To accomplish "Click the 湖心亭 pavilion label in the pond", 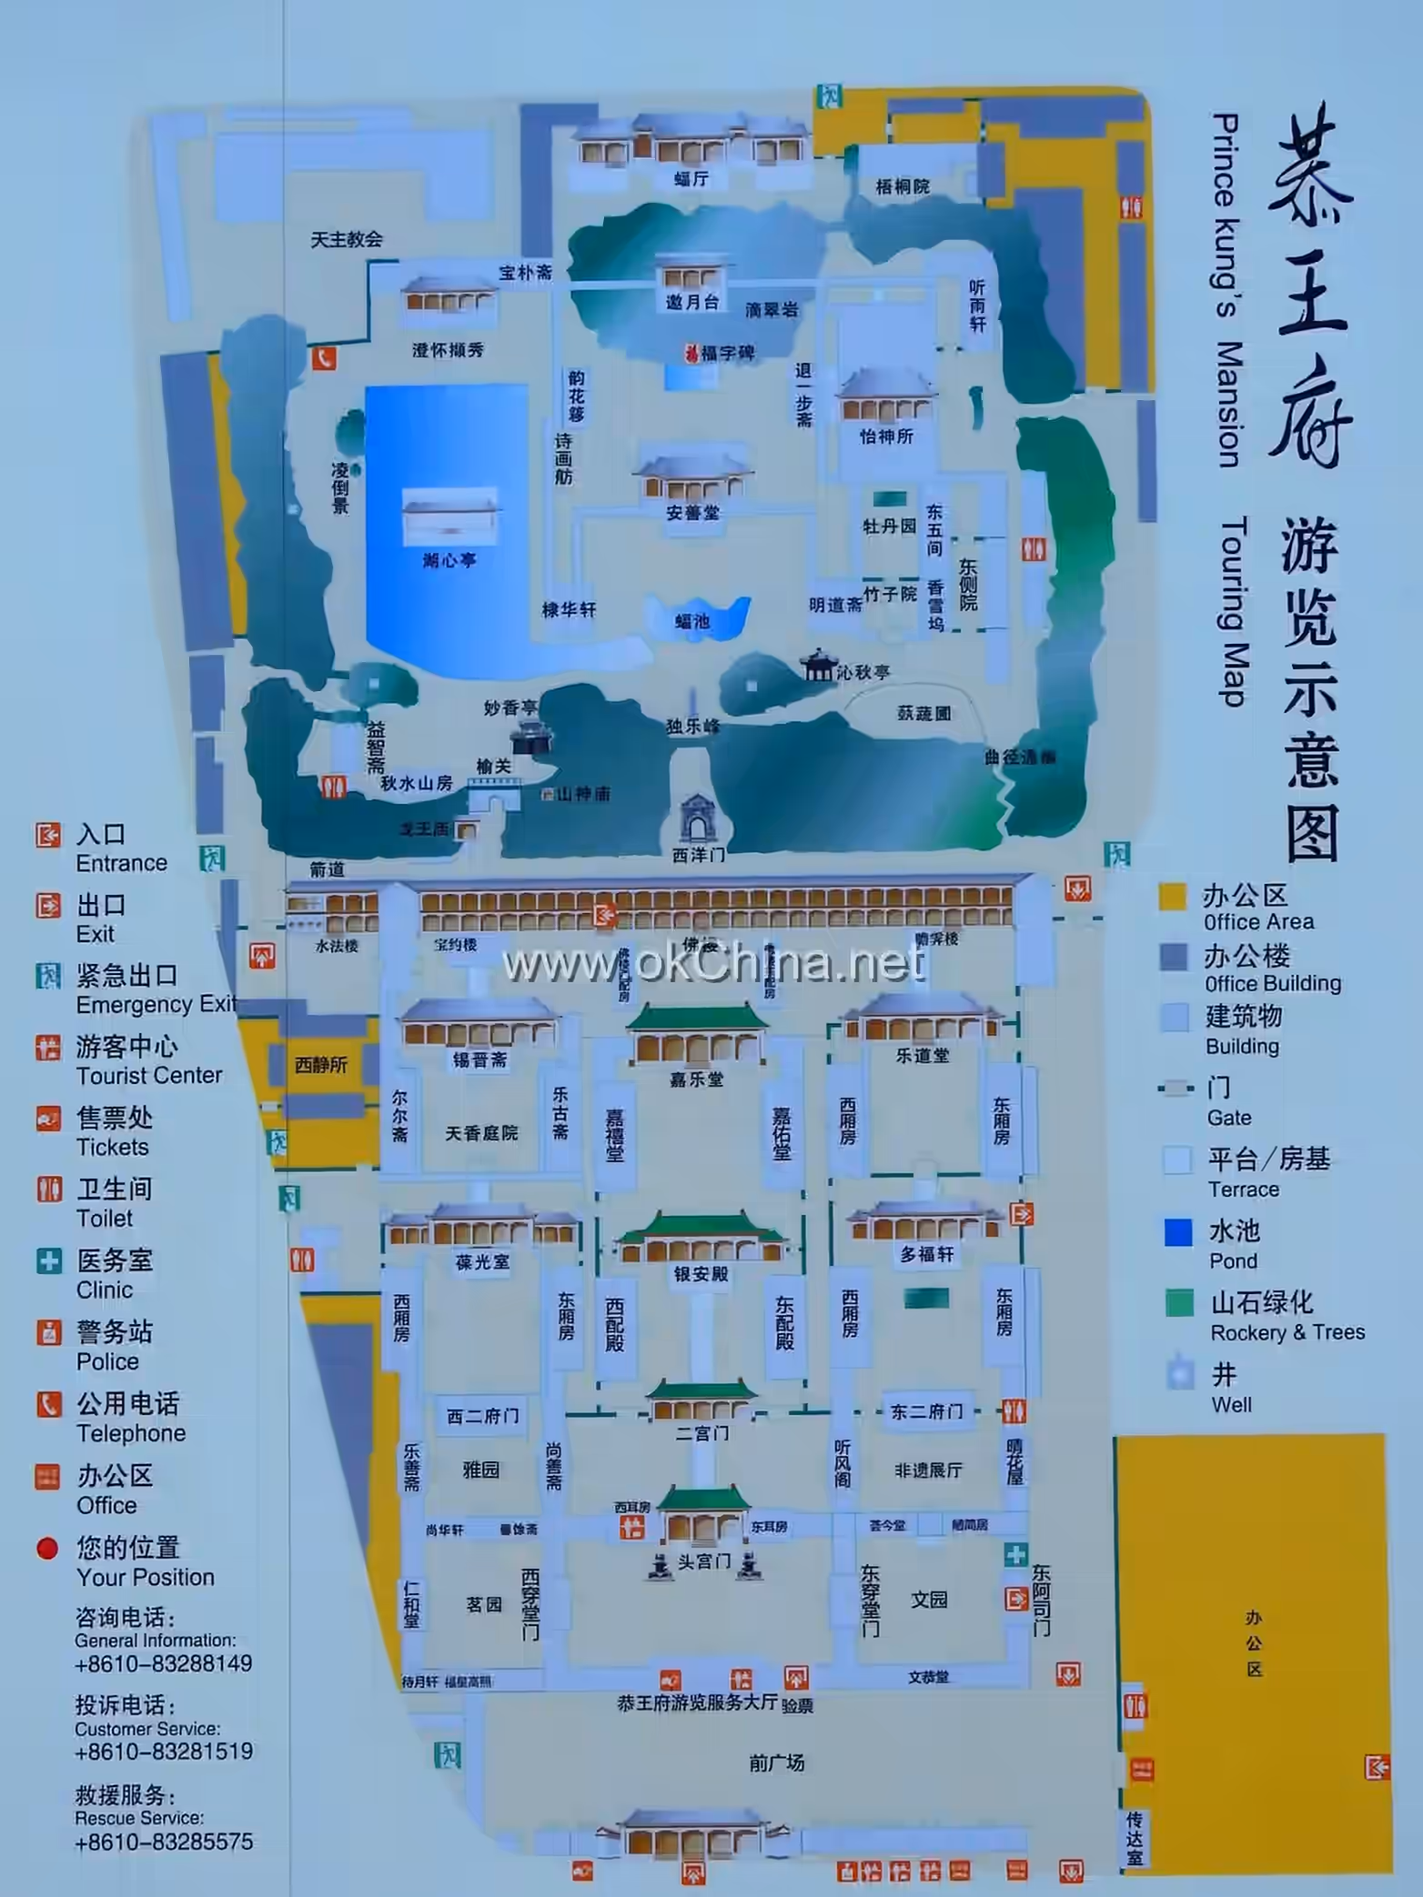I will (449, 561).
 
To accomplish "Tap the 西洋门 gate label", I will (698, 855).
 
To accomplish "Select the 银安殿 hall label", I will (701, 1274).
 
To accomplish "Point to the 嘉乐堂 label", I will (697, 1079).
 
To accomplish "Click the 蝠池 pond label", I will (692, 622).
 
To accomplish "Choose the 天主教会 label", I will (346, 240).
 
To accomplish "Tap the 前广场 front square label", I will (776, 1763).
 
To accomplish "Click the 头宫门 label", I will (703, 1561).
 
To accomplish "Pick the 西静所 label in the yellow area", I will (321, 1064).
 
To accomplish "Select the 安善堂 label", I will (692, 513).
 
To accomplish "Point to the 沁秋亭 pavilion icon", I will (818, 665).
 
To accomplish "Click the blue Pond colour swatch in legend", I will (1178, 1232).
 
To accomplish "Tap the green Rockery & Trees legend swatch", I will (1179, 1303).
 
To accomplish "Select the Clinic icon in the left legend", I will (48, 1260).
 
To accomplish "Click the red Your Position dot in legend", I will (47, 1548).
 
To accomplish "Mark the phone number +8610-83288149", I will (164, 1663).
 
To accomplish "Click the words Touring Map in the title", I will (1233, 611).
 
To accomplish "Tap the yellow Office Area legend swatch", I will (1172, 897).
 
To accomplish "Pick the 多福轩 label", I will (927, 1255).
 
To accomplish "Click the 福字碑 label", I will (727, 353).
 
